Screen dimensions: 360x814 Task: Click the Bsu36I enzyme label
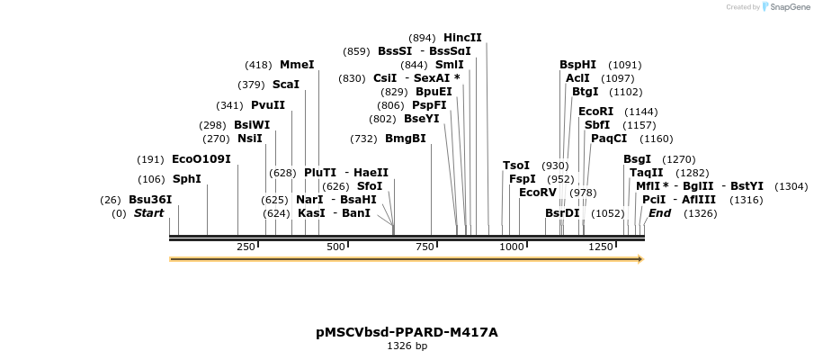149,200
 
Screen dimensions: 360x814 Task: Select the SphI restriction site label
187,179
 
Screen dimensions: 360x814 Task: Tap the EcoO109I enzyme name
201,159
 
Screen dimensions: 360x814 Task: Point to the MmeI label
297,65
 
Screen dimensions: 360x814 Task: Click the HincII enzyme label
462,38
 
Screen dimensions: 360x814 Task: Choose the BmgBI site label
405,139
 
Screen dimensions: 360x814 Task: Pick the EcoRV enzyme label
538,193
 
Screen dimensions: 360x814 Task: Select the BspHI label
577,65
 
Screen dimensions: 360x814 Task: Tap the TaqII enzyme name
646,173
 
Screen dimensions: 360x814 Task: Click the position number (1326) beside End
701,213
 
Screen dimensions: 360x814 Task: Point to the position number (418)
258,65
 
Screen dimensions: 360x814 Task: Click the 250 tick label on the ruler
246,247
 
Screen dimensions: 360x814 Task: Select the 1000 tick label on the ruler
512,247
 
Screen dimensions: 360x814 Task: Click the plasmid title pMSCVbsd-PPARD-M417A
407,332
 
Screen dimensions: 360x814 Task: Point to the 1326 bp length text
407,346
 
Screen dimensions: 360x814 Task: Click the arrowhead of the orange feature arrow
640,259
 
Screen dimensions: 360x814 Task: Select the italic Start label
148,213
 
